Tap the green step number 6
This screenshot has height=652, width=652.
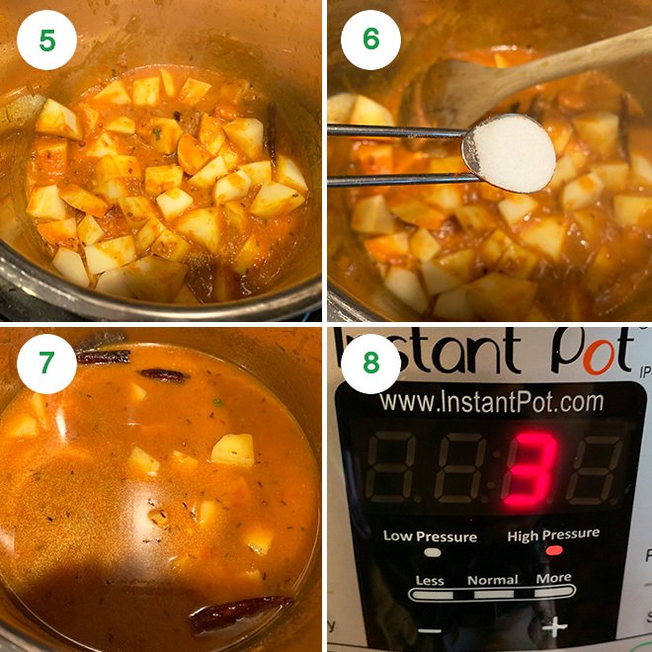370,40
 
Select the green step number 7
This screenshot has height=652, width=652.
46,364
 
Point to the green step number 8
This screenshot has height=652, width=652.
370,364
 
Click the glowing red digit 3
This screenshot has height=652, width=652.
530,470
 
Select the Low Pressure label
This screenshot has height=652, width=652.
430,536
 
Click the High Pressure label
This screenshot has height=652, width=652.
553,535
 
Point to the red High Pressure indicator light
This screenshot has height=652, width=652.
554,550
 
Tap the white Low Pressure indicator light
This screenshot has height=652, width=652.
432,551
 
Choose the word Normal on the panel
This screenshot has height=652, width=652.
492,580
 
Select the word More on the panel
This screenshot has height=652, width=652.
553,579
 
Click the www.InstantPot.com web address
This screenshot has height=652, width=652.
491,402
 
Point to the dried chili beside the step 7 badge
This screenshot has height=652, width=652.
104,357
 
